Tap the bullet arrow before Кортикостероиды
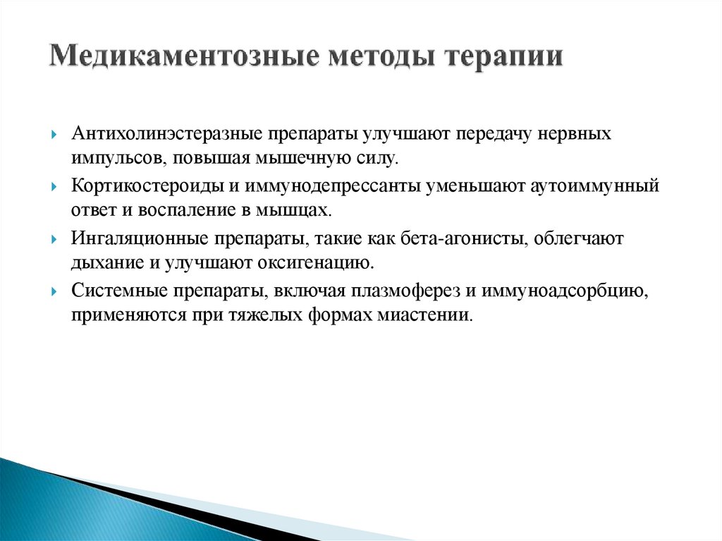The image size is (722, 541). (56, 188)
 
